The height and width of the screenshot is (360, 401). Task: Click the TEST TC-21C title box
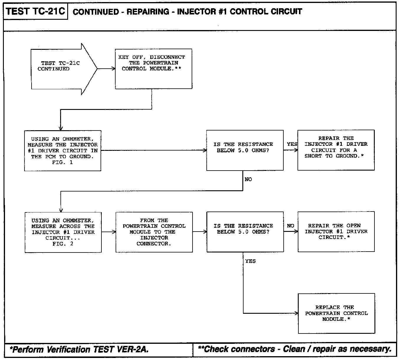[x=35, y=11]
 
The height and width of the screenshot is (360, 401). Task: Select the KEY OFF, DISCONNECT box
[x=153, y=69]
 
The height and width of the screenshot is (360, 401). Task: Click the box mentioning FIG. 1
[x=63, y=151]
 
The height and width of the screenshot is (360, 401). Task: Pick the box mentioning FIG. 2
[x=63, y=232]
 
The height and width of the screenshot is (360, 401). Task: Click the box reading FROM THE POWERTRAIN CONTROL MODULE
[x=154, y=232]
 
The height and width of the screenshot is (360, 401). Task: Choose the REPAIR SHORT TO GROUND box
[x=336, y=150]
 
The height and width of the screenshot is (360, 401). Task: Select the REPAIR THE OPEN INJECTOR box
[x=336, y=231]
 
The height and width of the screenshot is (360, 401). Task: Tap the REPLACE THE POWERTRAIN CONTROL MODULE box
[x=336, y=313]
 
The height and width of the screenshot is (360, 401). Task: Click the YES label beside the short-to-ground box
[x=292, y=144]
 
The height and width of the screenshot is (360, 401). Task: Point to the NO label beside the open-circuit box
[x=290, y=226]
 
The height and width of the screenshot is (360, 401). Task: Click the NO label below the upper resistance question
[x=248, y=179]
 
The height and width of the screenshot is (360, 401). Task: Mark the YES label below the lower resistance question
[x=250, y=261]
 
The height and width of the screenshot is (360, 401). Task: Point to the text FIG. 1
[x=63, y=162]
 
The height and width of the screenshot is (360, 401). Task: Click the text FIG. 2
[x=63, y=244]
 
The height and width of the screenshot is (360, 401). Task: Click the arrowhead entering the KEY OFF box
[x=113, y=69]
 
